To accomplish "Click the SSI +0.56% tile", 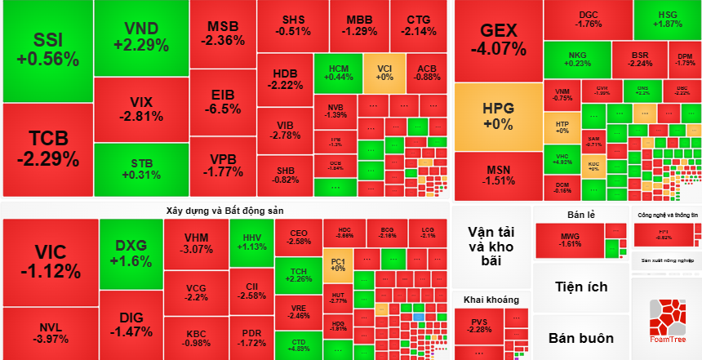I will (47, 50).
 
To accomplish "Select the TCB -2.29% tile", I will (47, 147).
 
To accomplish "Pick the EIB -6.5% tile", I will (222, 101).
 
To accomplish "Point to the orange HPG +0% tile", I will (498, 116).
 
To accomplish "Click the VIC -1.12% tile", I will (49, 261).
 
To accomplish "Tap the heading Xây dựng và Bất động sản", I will (224, 210).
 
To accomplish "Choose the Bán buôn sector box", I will (580, 337).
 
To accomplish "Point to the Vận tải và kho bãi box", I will (491, 246).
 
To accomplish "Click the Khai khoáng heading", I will (491, 300).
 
